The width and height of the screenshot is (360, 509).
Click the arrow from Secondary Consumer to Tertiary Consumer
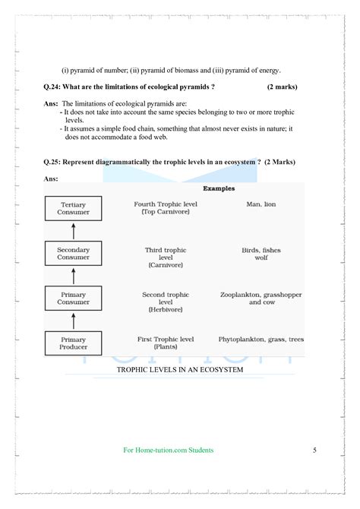click(74, 231)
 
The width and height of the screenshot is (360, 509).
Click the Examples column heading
click(219, 188)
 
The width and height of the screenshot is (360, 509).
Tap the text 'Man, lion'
click(261, 204)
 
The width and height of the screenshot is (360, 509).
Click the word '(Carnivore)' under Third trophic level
click(165, 265)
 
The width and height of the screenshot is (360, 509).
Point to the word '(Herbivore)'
click(165, 310)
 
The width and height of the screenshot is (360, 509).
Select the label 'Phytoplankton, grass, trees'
click(261, 339)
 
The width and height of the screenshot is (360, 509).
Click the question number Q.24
click(55, 87)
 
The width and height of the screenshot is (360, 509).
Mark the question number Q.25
click(55, 162)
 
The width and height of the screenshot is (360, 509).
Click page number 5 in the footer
click(314, 450)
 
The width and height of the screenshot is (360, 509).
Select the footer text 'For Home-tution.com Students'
click(169, 450)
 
